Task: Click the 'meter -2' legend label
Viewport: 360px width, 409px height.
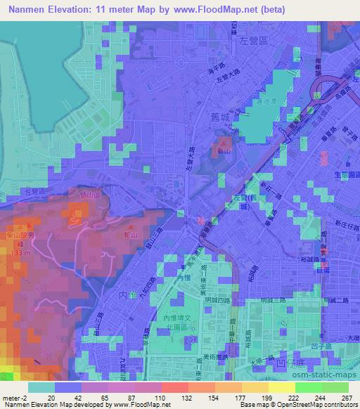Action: click(14, 398)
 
